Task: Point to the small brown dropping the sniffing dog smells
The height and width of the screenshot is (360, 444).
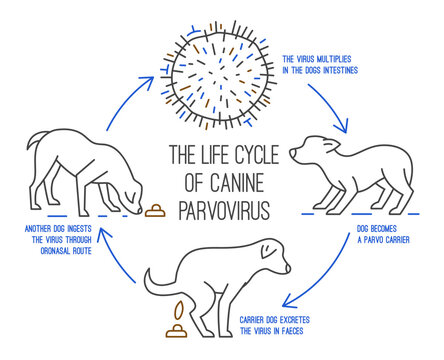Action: (x=154, y=211)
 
